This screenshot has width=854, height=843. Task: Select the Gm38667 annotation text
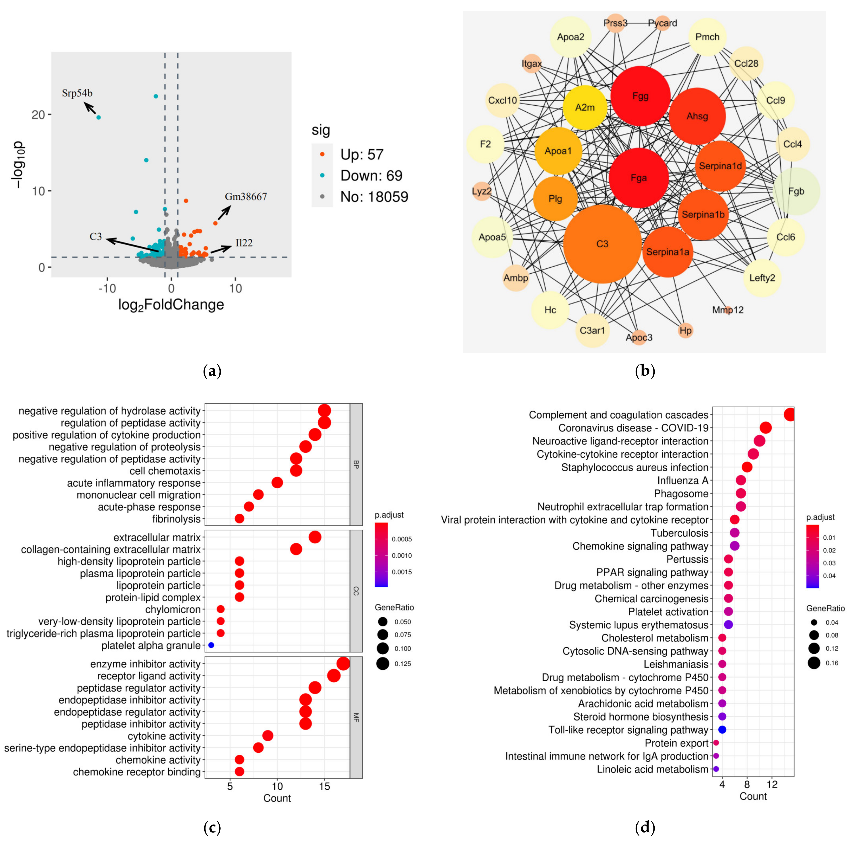(246, 197)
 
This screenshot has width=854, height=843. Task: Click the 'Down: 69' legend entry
(371, 176)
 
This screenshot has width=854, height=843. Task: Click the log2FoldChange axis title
(171, 305)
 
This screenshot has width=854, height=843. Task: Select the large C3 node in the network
(602, 244)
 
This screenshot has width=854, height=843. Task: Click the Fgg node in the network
(640, 96)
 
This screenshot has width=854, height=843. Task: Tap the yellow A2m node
(585, 107)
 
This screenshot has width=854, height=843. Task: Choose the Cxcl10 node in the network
(503, 100)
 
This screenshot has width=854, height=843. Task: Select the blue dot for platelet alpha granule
(211, 645)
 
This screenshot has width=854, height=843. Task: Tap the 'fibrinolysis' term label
(176, 519)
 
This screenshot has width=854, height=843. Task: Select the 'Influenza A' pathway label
(682, 480)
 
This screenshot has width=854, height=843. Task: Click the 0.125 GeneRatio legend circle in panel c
(383, 664)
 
